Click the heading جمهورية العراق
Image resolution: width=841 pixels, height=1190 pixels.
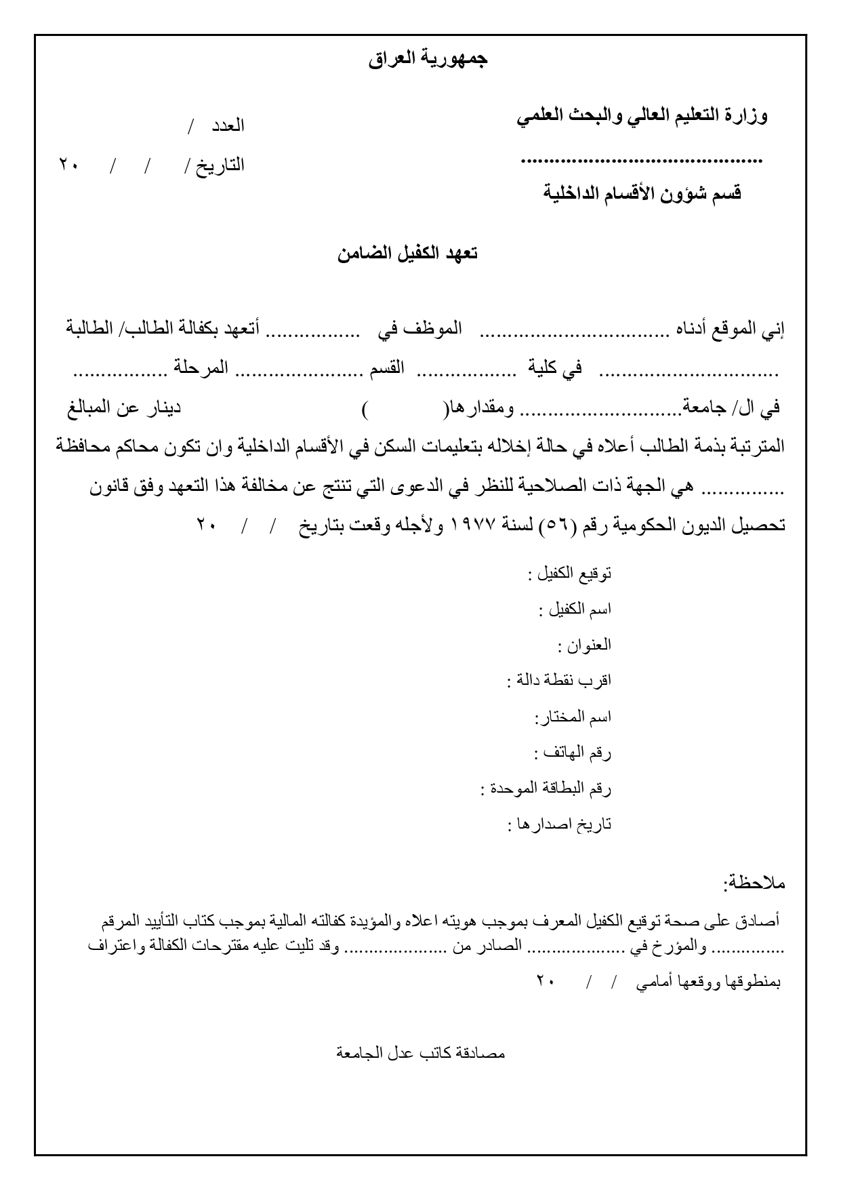(428, 60)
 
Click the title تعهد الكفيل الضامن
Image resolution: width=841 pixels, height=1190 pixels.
(407, 254)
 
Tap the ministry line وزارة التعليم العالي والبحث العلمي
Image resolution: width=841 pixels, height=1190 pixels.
(642, 117)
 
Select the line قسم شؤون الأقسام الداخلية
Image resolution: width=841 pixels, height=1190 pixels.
(642, 194)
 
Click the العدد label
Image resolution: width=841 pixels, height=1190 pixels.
(228, 125)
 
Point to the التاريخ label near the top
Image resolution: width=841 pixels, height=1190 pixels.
(220, 165)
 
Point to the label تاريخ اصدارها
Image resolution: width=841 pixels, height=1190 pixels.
(563, 825)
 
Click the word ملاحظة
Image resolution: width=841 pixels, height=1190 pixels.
(754, 883)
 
